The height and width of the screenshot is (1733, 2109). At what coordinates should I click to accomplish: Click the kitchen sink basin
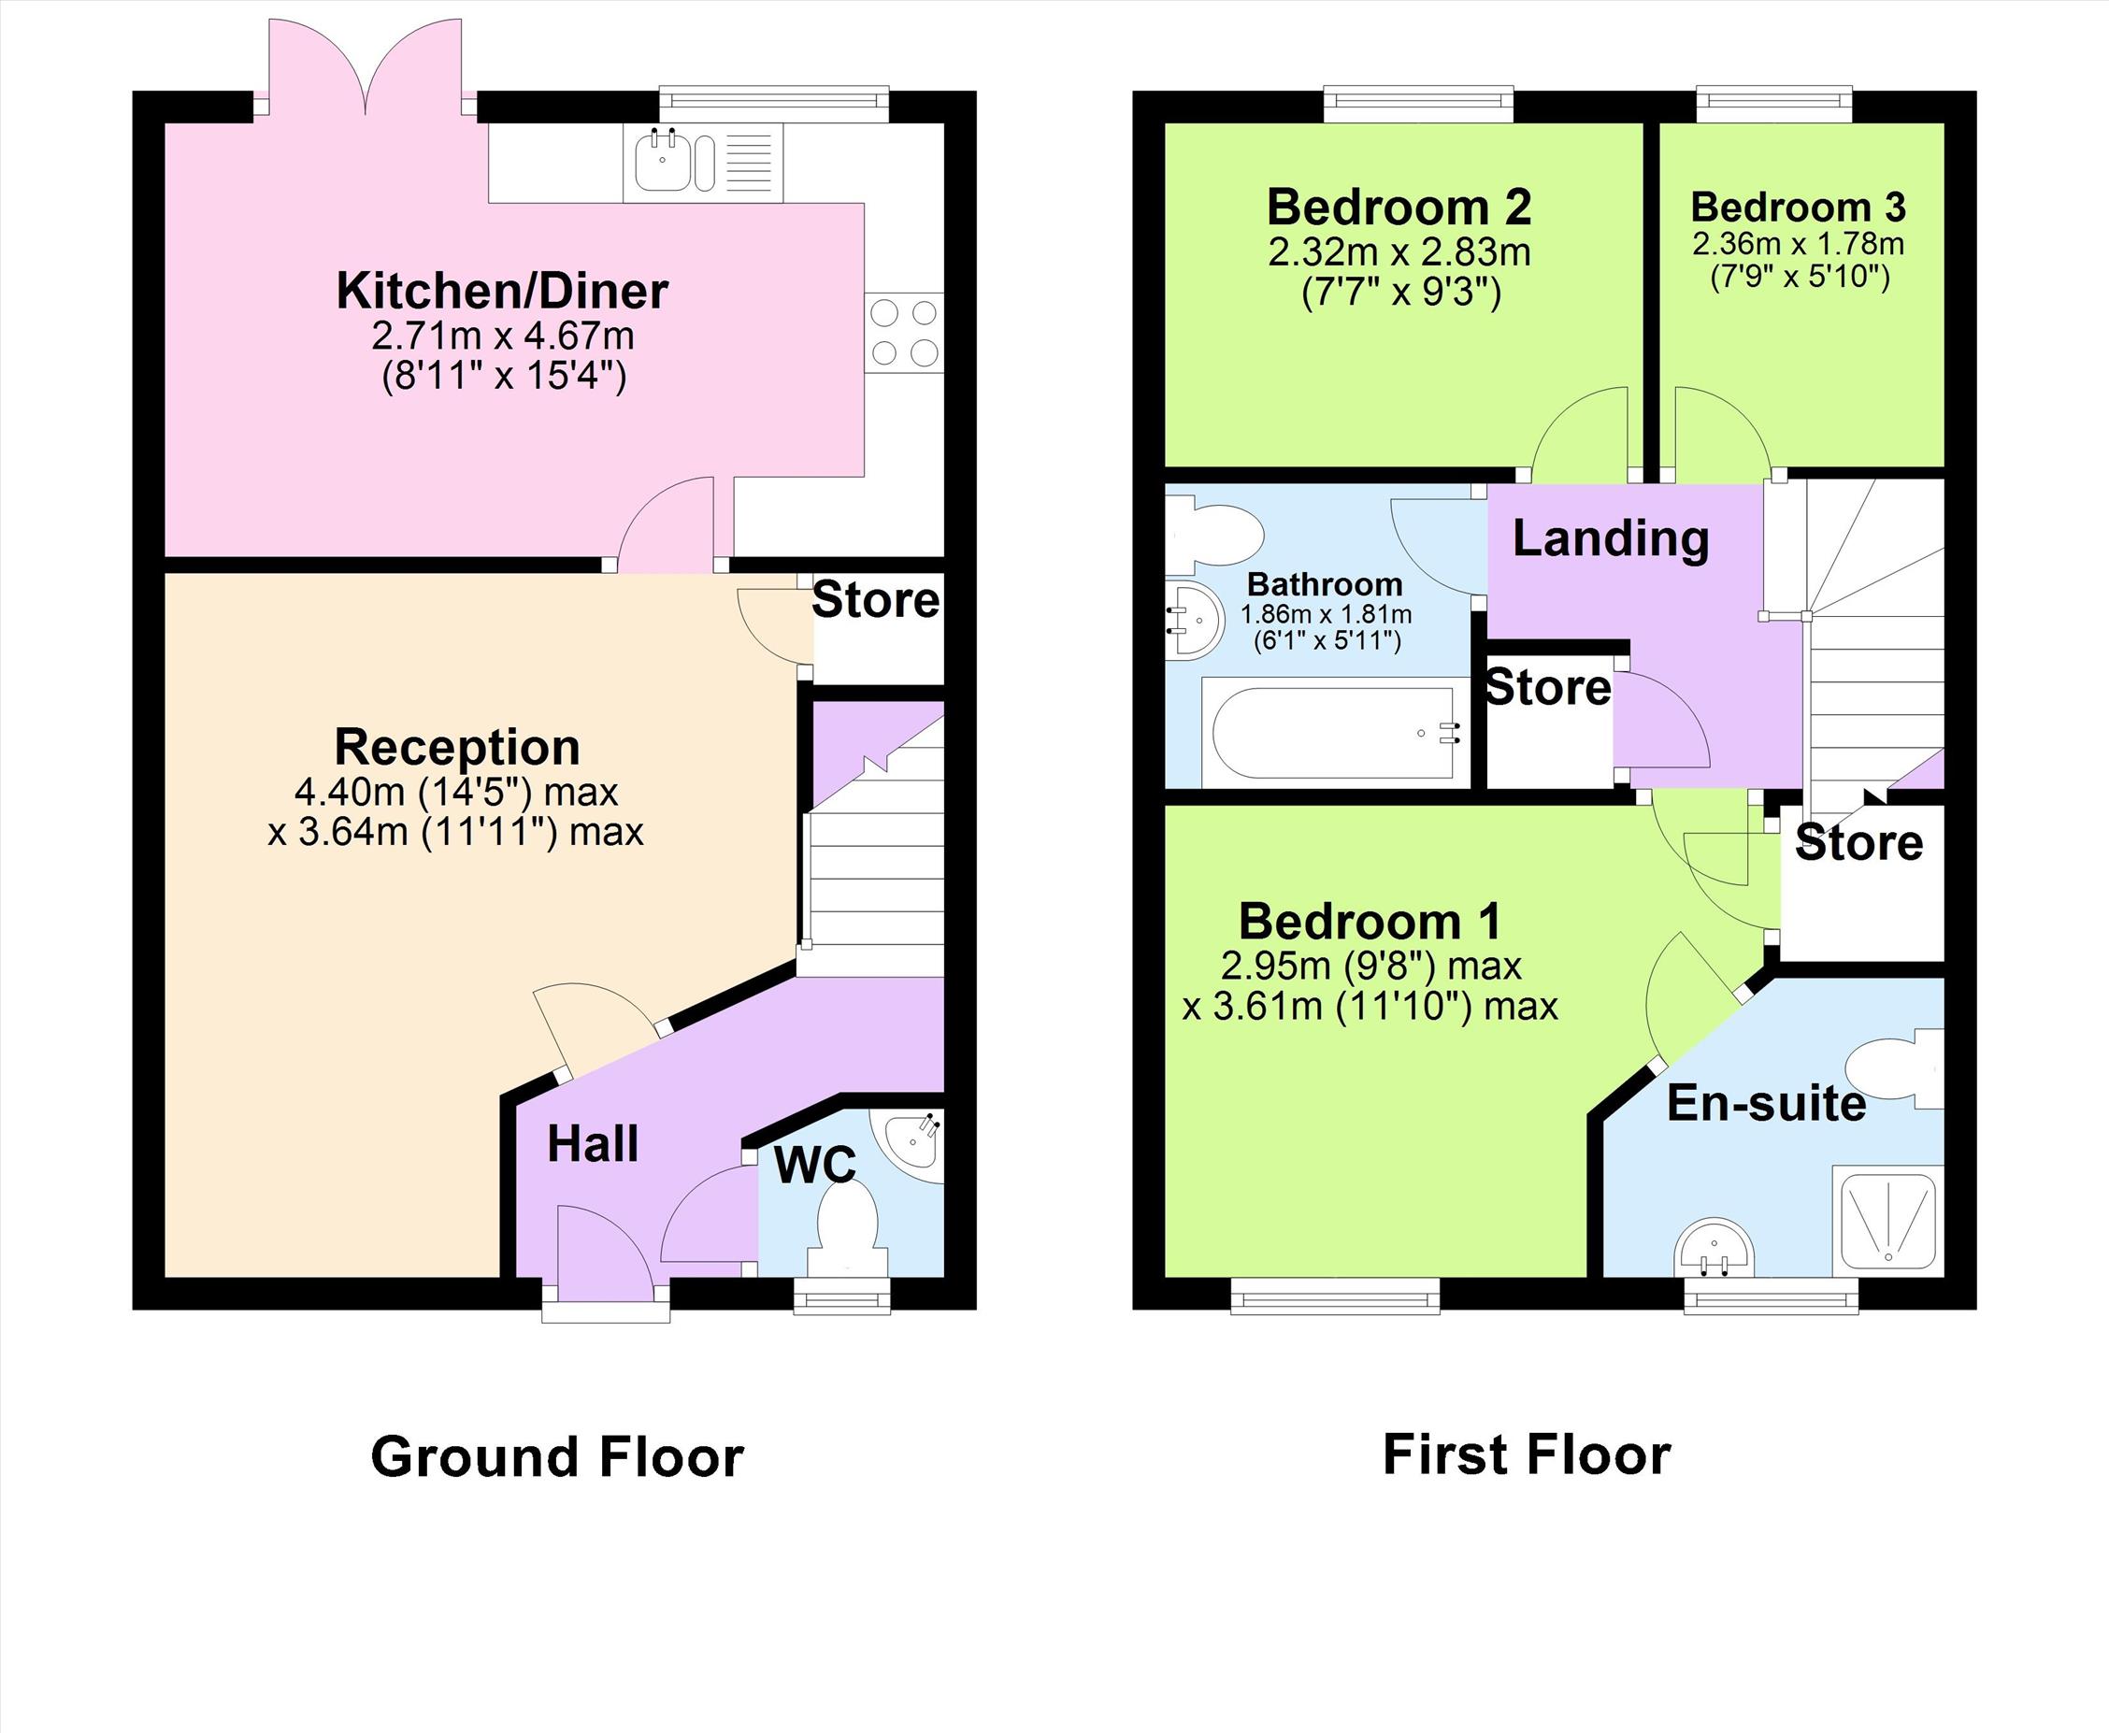(662, 162)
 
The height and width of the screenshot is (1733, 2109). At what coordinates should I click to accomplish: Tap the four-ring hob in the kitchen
(904, 333)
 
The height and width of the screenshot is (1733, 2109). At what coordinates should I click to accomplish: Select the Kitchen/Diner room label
(502, 291)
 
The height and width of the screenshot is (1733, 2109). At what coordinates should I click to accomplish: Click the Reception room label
(457, 746)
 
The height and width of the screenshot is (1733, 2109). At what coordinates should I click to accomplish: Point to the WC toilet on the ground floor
(847, 1234)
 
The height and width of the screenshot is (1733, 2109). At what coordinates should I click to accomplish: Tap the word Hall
(592, 1143)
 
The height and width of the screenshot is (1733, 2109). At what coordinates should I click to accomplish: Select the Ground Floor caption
(557, 1456)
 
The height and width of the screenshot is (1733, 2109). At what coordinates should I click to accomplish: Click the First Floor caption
(1526, 1454)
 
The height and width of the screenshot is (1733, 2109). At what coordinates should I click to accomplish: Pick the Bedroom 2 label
(1399, 207)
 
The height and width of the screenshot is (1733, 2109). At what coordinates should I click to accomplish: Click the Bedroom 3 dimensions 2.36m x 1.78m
(1798, 244)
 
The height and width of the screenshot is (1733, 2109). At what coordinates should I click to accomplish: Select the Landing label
(1610, 538)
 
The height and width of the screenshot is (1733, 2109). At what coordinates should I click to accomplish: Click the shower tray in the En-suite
(1888, 1221)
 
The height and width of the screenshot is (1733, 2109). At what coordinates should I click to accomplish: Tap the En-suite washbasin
(1713, 1248)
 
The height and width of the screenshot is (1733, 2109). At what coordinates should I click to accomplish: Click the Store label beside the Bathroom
(1548, 688)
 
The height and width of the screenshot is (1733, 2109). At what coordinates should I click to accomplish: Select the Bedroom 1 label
(1370, 921)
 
